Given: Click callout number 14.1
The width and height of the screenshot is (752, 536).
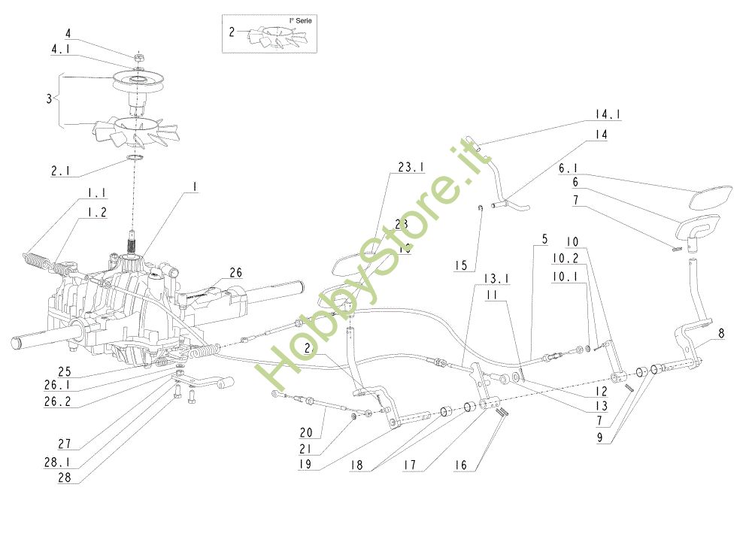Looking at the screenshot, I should (608, 115).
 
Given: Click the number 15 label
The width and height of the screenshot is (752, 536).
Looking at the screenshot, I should (462, 265).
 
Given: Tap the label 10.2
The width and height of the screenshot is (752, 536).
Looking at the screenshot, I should (566, 258).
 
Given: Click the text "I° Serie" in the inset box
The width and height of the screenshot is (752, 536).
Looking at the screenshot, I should (301, 21).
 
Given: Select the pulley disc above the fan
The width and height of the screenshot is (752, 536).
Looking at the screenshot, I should (140, 80).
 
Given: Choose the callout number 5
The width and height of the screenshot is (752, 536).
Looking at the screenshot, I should (543, 240).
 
